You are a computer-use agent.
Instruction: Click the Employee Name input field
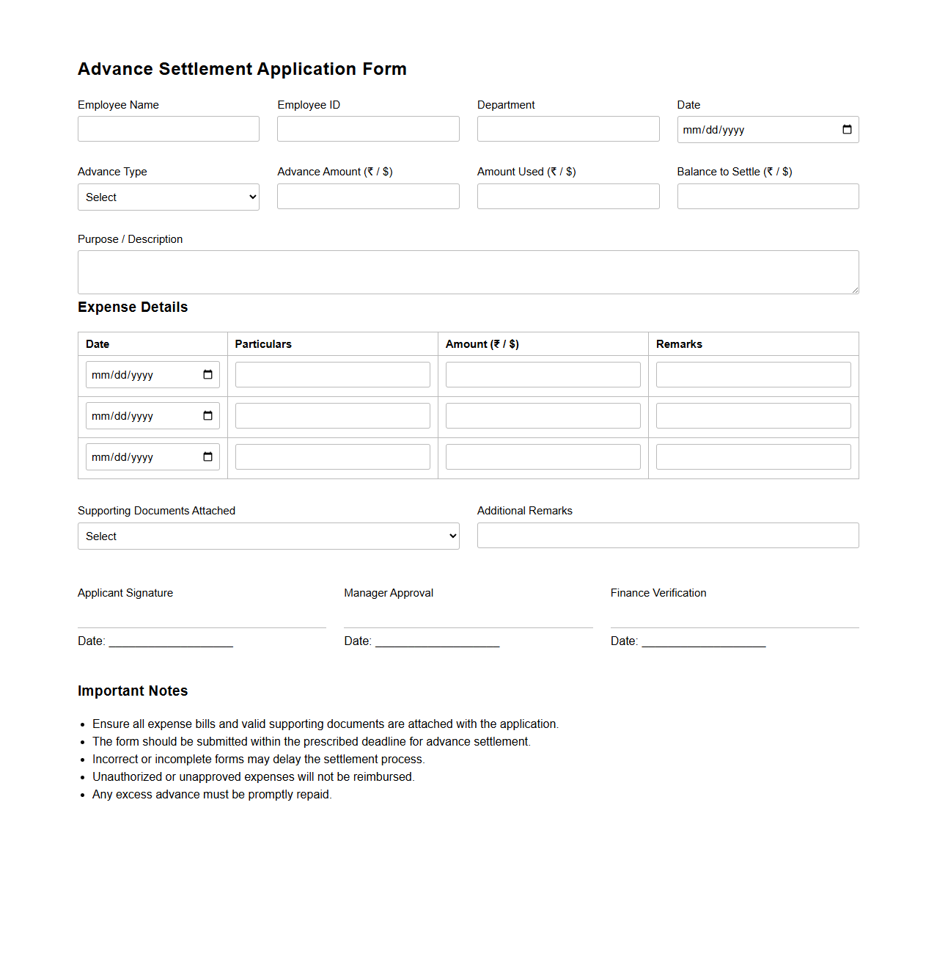pos(168,129)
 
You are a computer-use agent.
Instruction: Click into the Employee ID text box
pos(368,129)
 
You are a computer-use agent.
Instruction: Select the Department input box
pos(568,129)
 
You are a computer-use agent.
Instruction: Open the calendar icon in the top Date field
pos(847,130)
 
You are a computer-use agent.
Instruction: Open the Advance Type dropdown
pos(168,197)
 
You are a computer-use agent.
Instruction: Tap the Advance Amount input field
pos(368,197)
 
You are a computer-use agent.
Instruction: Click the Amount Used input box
pos(568,197)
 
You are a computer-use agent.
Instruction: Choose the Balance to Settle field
pos(768,197)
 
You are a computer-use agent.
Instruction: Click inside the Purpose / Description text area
pos(468,272)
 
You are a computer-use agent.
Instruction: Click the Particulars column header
pos(263,344)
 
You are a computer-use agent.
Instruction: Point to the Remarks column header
pos(679,344)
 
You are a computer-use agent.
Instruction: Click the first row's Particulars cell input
pos(332,375)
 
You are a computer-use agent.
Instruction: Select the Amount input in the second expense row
pos(543,416)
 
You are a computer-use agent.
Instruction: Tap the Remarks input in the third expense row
pos(753,457)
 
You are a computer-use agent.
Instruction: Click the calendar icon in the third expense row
pos(207,457)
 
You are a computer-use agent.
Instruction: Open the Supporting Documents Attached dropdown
pos(268,536)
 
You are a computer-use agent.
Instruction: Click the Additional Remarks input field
pos(668,536)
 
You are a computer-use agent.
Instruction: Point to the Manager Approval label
pos(389,593)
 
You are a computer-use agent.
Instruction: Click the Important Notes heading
pos(133,691)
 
